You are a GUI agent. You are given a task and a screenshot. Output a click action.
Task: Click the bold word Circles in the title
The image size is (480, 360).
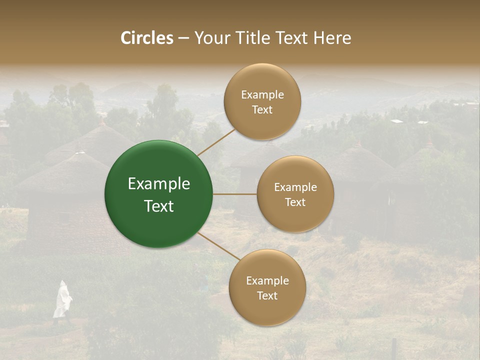[x=146, y=38]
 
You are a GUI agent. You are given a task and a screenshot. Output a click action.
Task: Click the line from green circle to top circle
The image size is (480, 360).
[x=216, y=142]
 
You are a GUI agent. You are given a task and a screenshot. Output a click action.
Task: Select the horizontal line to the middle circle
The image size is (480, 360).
[x=235, y=194]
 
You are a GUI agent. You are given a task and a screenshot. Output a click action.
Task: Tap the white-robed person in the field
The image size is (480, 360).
[x=62, y=300]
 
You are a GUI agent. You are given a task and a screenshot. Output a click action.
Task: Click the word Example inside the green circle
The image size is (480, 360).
[x=158, y=183]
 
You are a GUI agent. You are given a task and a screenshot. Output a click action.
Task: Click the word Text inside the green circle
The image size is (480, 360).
[x=158, y=206]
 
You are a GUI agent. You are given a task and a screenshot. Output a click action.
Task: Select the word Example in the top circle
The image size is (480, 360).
[x=262, y=94]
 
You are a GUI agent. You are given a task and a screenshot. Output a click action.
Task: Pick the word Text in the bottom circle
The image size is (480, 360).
[x=267, y=295]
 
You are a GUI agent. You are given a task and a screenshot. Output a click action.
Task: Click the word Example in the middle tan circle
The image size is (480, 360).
[x=295, y=187]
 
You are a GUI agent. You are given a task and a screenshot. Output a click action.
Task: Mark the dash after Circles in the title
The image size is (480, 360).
[x=183, y=38]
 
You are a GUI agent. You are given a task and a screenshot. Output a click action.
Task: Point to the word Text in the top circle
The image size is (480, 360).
[x=262, y=109]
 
